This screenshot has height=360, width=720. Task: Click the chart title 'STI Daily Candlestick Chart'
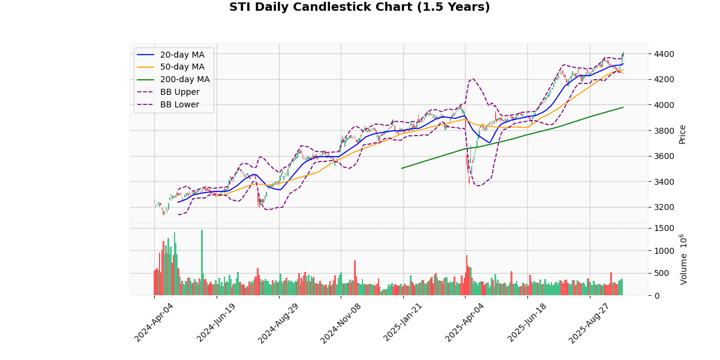tap(359, 7)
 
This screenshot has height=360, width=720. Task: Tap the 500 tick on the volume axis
tap(660, 273)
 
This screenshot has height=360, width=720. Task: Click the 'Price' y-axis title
tap(682, 134)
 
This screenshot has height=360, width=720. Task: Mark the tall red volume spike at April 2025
tap(466, 275)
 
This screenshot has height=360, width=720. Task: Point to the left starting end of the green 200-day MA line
tap(402, 168)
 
